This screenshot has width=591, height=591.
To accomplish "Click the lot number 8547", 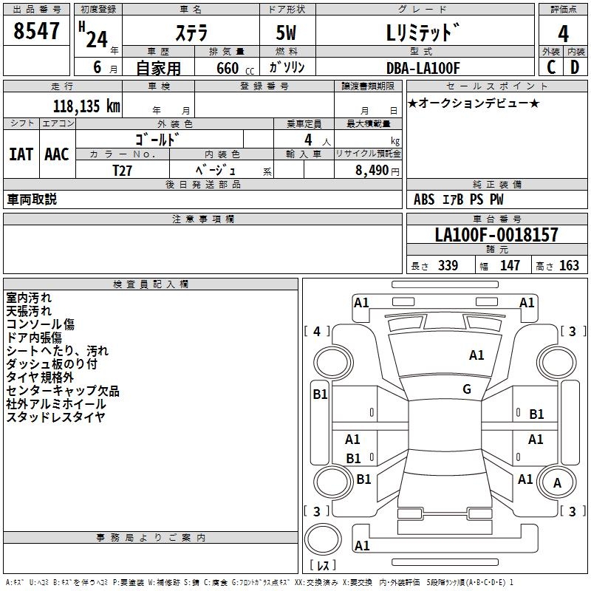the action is (x=37, y=33).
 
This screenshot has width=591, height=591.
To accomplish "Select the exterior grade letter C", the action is (x=550, y=67).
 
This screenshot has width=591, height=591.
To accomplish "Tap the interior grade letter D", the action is (x=575, y=67).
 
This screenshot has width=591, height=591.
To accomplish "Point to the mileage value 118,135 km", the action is (x=86, y=106).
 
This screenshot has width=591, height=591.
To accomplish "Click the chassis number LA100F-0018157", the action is (x=496, y=236).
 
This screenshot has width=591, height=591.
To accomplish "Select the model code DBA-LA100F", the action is (x=423, y=68).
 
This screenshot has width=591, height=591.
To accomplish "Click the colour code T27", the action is (x=123, y=170).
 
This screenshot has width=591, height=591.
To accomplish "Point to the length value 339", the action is (x=447, y=266).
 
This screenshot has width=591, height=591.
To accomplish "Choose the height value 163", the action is (x=569, y=266).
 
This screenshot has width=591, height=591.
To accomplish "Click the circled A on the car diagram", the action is (x=558, y=482).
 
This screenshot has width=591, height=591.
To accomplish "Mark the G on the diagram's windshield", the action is (x=467, y=389).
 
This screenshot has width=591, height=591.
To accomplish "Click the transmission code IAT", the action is (x=21, y=154).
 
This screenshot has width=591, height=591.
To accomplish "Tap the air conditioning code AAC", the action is (x=57, y=154).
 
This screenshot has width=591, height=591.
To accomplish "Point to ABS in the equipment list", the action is (x=424, y=199).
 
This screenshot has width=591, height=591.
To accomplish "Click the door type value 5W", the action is (x=287, y=33).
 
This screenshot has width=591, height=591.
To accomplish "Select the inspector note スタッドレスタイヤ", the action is (x=55, y=417).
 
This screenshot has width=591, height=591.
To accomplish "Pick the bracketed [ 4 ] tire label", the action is (x=317, y=332).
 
